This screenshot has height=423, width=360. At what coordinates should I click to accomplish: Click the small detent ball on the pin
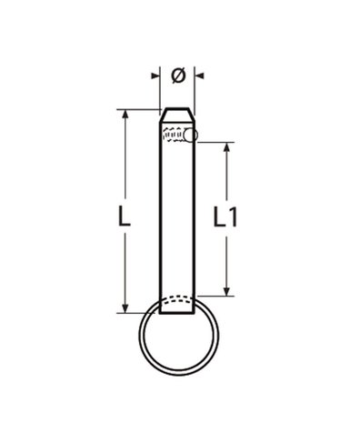pyautogui.click(x=190, y=136)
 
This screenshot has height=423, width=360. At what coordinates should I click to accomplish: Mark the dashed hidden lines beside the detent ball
pyautogui.click(x=172, y=137)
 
